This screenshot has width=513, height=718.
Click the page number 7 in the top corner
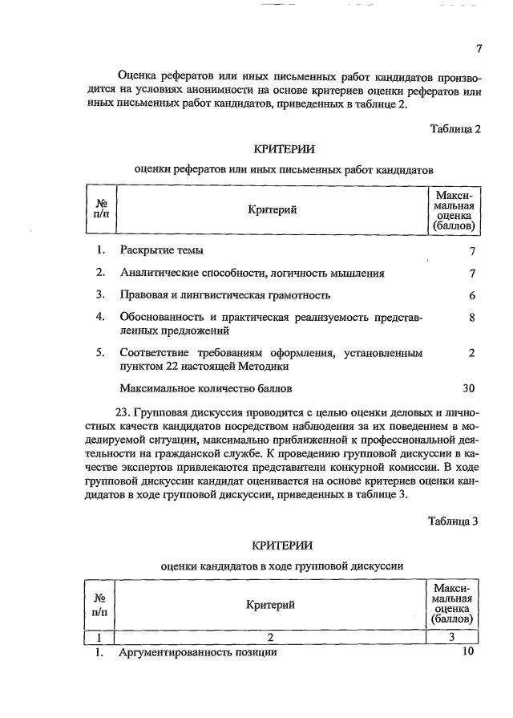[479, 49]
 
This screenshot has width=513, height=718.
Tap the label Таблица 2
[454, 129]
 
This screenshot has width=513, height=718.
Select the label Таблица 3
[453, 521]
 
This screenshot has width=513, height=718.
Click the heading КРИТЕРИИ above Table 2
[284, 149]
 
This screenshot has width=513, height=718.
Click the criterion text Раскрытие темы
[161, 250]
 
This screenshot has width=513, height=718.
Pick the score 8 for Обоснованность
[473, 318]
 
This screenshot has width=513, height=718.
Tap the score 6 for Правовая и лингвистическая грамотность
[473, 295]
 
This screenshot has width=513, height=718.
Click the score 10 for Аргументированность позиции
[469, 651]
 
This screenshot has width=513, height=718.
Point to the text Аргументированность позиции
[198, 652]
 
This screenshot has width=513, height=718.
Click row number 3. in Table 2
[101, 295]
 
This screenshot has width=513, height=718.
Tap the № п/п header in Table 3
[101, 605]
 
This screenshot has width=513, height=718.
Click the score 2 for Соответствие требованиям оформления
[473, 353]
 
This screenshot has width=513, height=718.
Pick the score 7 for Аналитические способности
[473, 273]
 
